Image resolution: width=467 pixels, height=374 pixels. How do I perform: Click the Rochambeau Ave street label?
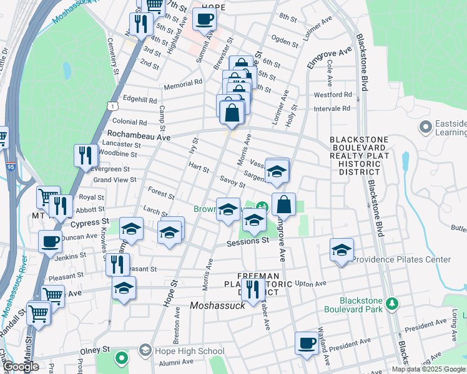pyautogui.click(x=135, y=134)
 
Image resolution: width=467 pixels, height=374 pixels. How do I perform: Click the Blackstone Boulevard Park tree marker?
pyautogui.click(x=391, y=304)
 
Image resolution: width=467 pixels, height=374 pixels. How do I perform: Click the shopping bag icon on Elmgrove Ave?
pyautogui.click(x=283, y=204)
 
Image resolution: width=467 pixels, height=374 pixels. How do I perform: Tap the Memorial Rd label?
pyautogui.click(x=182, y=82)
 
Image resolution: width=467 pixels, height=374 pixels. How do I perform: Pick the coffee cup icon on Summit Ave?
pyautogui.click(x=204, y=19)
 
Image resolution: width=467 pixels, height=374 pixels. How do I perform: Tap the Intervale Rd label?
pyautogui.click(x=333, y=108)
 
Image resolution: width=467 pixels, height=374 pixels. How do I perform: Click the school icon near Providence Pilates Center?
pyautogui.click(x=342, y=251)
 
